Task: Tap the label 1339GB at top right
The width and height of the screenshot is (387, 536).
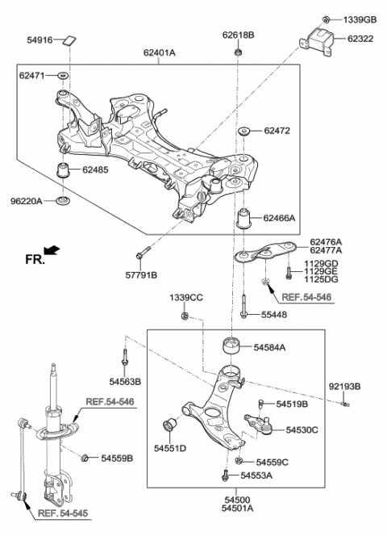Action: pos(360,19)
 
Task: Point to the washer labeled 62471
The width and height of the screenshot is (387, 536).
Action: pos(63,75)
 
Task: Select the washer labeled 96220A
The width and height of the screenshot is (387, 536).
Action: pos(63,199)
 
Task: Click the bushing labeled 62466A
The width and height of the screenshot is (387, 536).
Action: pos(247,217)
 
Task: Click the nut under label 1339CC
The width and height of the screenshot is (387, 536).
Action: pos(185,315)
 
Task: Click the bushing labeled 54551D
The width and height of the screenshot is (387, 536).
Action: pos(171,425)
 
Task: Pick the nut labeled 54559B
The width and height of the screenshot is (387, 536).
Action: pos(85,459)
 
